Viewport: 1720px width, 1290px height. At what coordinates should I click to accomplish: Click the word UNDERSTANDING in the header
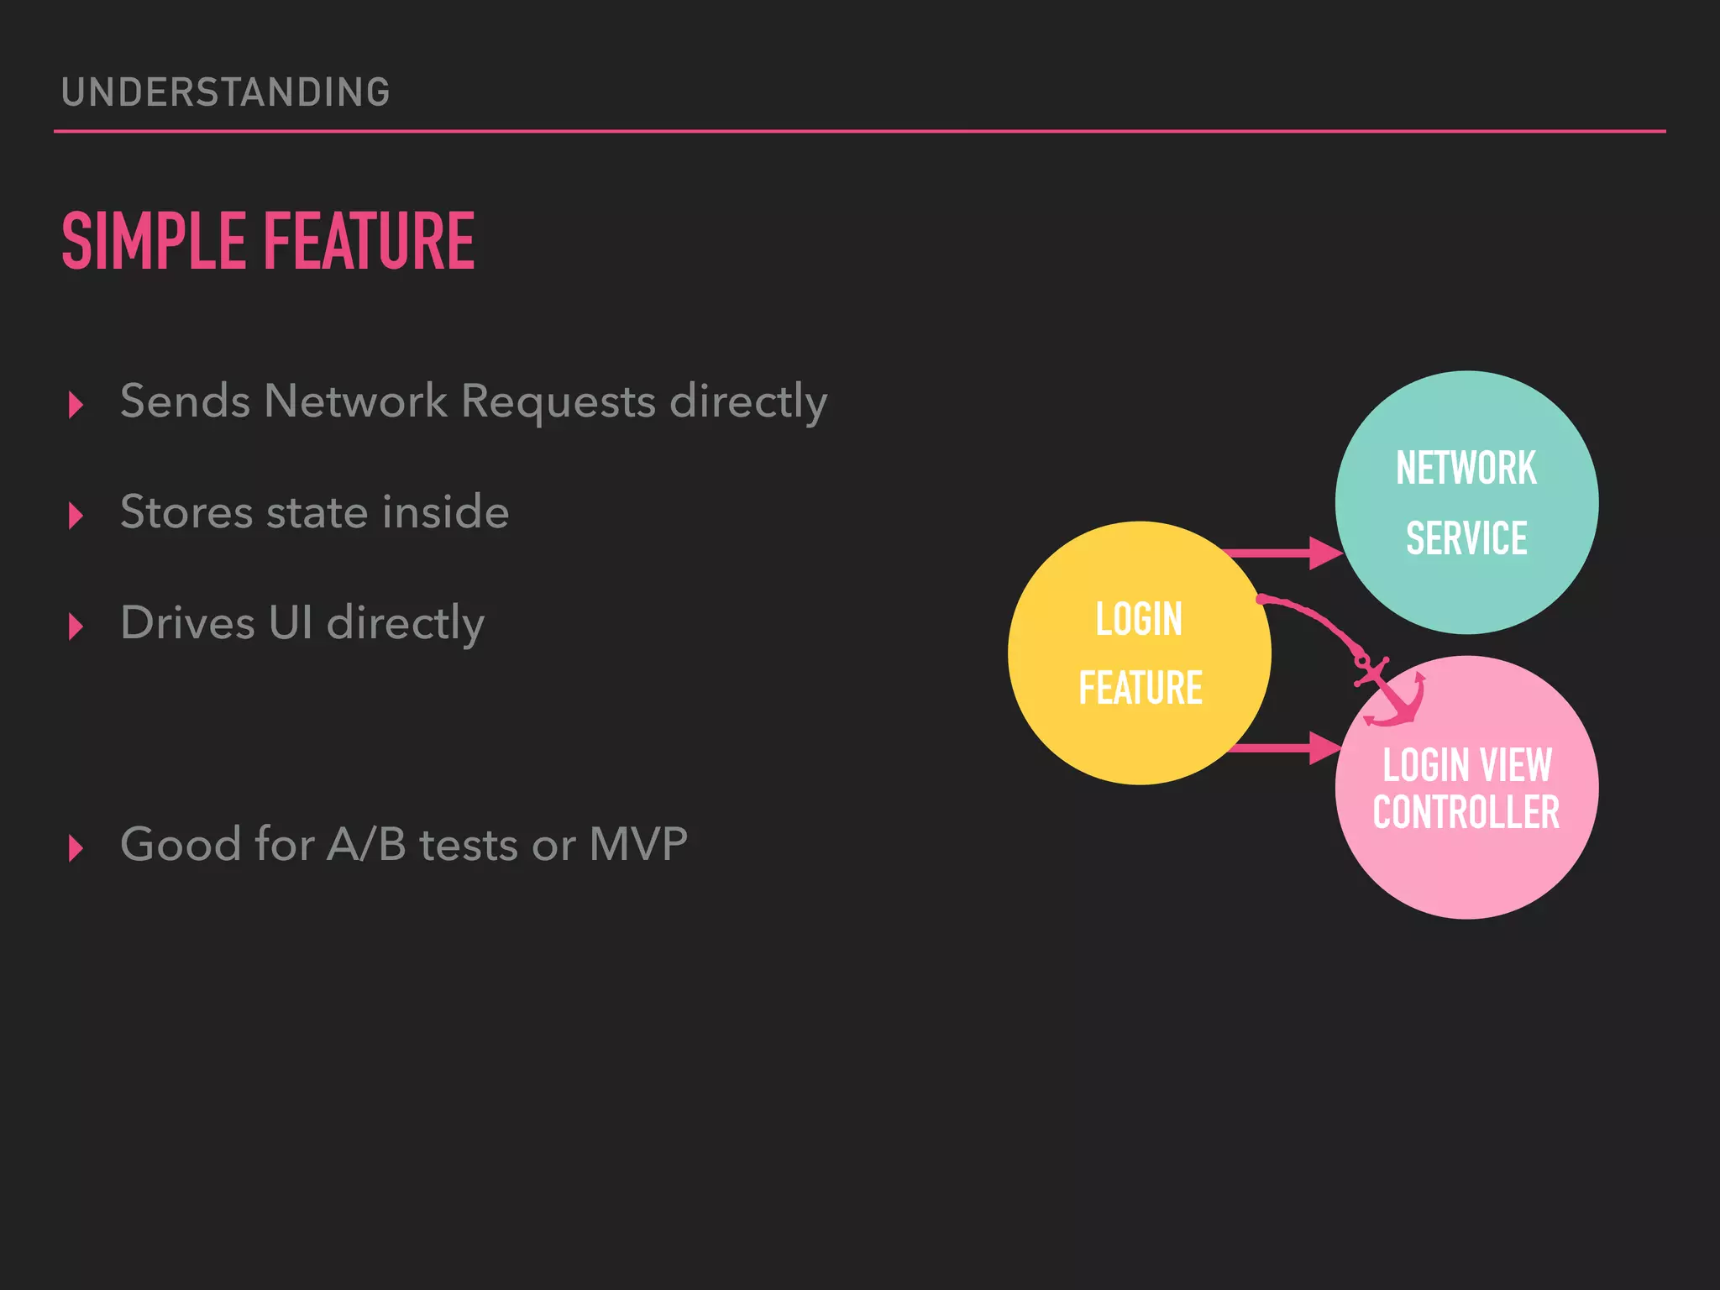[x=225, y=92]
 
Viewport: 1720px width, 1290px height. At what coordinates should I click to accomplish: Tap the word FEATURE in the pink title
[x=370, y=242]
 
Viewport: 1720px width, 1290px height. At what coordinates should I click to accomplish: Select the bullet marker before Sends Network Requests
[x=76, y=405]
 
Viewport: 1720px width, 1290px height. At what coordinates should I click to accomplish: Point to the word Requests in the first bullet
[x=558, y=401]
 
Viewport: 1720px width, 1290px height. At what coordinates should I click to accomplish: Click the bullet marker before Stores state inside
[x=76, y=516]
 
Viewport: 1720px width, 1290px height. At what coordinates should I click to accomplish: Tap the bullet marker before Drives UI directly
[x=76, y=627]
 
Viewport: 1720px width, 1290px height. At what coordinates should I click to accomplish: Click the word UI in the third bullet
[x=291, y=623]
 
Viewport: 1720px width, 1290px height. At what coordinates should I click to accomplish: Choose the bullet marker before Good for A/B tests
[x=76, y=848]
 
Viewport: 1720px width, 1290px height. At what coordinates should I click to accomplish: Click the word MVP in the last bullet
[x=638, y=844]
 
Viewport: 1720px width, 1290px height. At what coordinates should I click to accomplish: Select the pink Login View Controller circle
[x=1466, y=873]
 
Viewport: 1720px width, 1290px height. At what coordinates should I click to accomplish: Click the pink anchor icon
[x=1390, y=693]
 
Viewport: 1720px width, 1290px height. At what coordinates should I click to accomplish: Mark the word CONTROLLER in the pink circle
[x=1466, y=813]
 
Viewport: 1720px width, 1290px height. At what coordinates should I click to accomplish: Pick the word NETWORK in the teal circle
[x=1466, y=468]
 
